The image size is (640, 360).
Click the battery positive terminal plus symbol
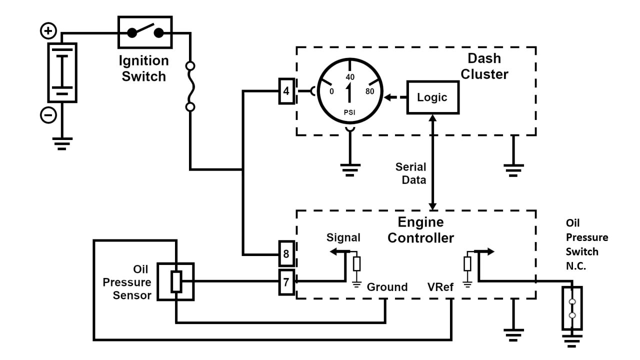[x=48, y=32]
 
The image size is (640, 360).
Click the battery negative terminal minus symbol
[x=48, y=115]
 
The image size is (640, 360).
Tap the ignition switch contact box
[x=145, y=33]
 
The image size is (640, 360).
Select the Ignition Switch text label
[x=143, y=69]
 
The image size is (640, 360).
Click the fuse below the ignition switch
[x=190, y=86]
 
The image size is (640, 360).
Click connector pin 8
[x=286, y=254]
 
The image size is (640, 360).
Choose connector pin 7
[x=286, y=282]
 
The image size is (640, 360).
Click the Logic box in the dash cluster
[x=432, y=97]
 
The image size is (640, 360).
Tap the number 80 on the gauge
[x=370, y=91]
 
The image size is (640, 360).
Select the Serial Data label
[x=411, y=173]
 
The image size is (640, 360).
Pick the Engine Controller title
[x=420, y=229]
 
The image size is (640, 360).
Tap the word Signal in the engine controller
[x=343, y=237]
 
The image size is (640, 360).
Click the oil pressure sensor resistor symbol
[x=175, y=282]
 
